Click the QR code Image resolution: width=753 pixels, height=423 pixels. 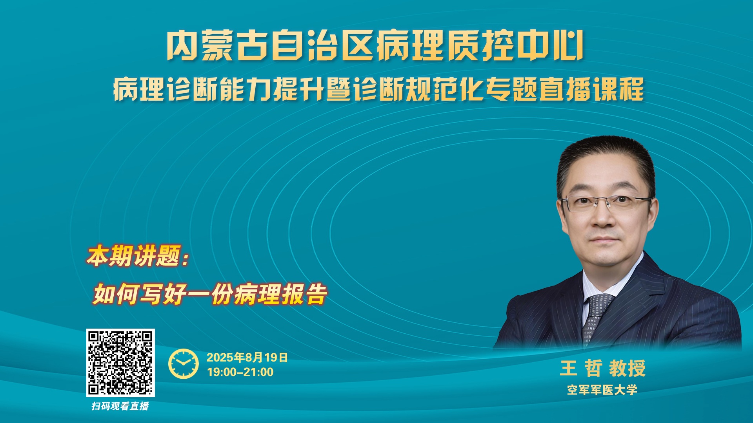pyautogui.click(x=120, y=363)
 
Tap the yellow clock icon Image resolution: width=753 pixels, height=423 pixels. pyautogui.click(x=184, y=363)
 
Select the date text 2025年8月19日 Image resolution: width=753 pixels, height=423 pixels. pyautogui.click(x=247, y=357)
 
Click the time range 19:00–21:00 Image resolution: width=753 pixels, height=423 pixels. pyautogui.click(x=240, y=372)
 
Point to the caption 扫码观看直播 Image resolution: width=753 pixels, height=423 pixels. pyautogui.click(x=120, y=406)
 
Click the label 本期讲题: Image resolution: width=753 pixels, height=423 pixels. pyautogui.click(x=138, y=256)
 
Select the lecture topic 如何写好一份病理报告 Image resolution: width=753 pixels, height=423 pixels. pyautogui.click(x=210, y=294)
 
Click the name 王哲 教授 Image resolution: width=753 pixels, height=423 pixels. pyautogui.click(x=602, y=368)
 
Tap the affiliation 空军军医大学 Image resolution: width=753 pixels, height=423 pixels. pyautogui.click(x=602, y=390)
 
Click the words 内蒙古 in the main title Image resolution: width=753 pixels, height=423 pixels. pyautogui.click(x=218, y=46)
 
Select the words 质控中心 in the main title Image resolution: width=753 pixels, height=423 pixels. pyautogui.click(x=516, y=46)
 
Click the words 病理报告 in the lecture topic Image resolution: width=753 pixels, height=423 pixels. pyautogui.click(x=281, y=294)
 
